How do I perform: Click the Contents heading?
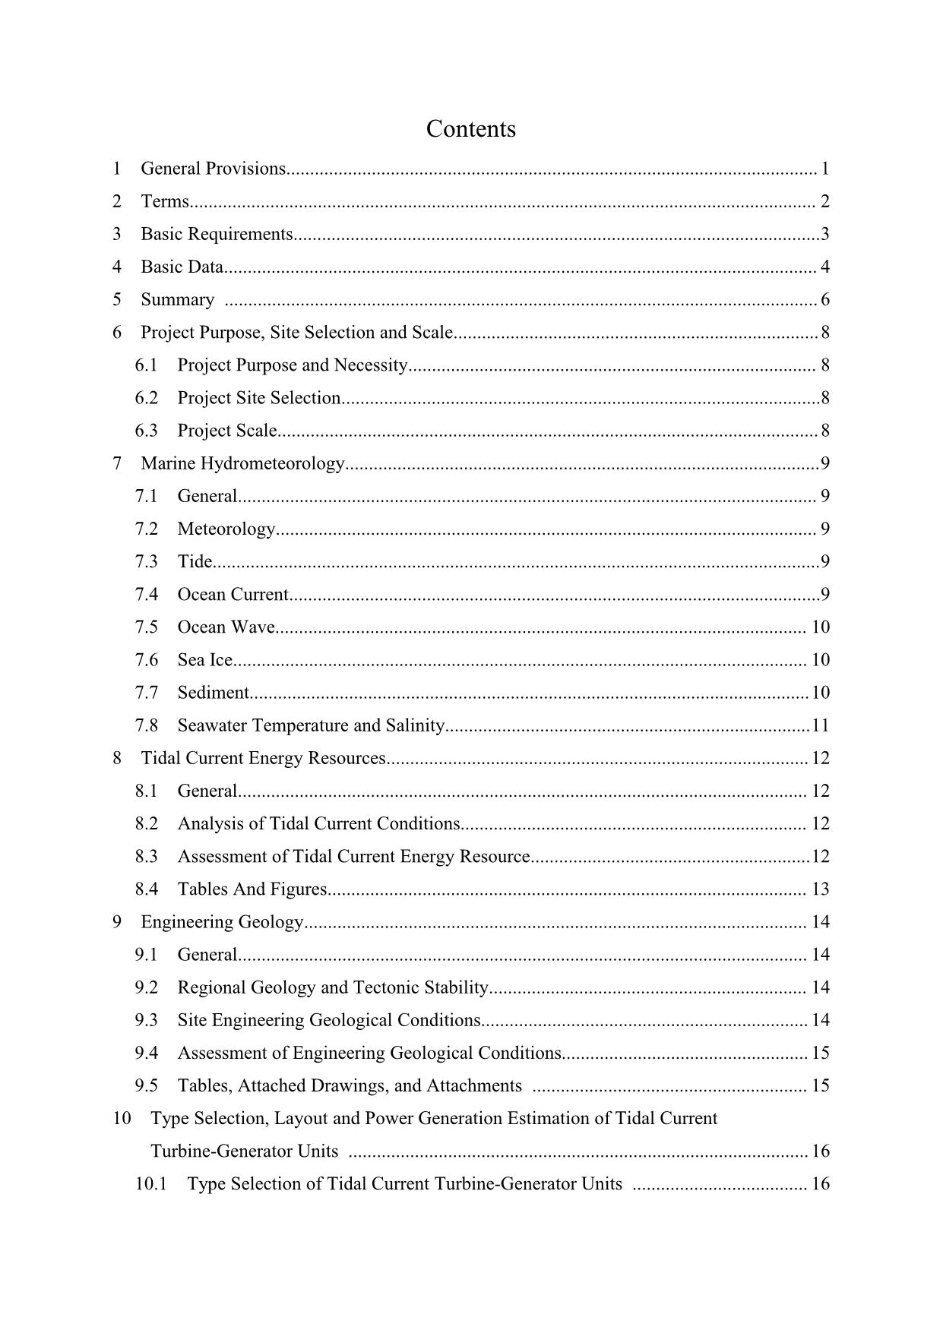click(x=470, y=129)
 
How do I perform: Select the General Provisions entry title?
click(x=213, y=169)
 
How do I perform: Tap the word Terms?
click(x=164, y=201)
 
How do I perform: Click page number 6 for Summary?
click(x=824, y=299)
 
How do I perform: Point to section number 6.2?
click(x=147, y=398)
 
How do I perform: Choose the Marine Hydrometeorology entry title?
click(x=242, y=463)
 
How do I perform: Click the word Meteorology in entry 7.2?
click(x=226, y=529)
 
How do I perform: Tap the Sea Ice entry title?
click(x=204, y=659)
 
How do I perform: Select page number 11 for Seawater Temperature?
click(x=820, y=725)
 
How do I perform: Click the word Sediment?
click(x=213, y=693)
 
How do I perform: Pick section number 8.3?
click(x=147, y=857)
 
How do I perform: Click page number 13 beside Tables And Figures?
click(x=820, y=889)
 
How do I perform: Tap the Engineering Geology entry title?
click(x=222, y=922)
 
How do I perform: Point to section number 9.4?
click(x=147, y=1053)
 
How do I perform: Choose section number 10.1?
click(x=150, y=1184)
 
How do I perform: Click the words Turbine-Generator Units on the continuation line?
click(x=244, y=1151)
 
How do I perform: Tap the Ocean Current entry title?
click(x=233, y=594)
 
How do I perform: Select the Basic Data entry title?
click(x=182, y=267)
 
